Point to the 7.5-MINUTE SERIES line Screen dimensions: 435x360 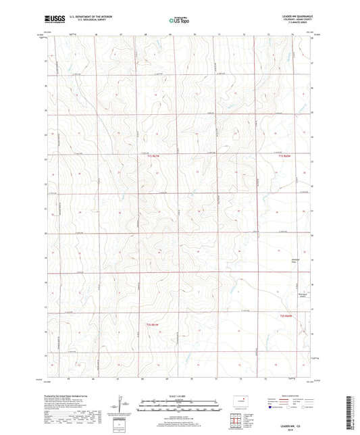[x=297, y=26]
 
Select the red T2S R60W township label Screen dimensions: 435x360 [x=288, y=315]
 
